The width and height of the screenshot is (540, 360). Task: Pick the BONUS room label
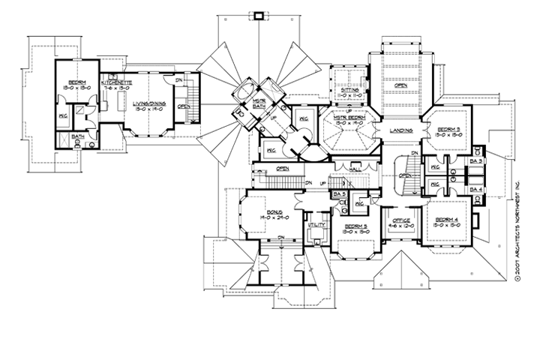pos(273,213)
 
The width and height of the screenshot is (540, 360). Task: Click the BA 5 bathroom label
pos(339,194)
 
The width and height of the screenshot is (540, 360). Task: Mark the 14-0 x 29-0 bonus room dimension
pos(273,220)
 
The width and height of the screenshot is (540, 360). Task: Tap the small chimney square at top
pos(260,14)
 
